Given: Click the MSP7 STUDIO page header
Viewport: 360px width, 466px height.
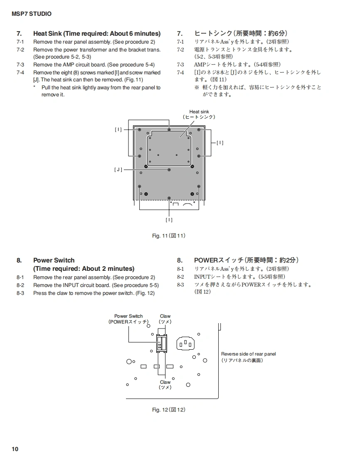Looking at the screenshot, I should tap(32, 14).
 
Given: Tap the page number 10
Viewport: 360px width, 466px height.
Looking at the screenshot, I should tap(15, 449).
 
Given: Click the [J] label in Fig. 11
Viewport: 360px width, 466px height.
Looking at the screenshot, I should tap(118, 170).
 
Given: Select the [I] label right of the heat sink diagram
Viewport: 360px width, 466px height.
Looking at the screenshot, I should tap(220, 142).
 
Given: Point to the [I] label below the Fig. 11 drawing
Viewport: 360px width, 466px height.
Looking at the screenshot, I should tap(169, 220).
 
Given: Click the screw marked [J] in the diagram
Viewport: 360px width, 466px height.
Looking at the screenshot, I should tap(169, 170).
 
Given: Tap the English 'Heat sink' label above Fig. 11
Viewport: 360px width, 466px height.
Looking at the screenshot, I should tap(199, 112).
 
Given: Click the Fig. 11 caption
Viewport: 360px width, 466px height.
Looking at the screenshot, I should tap(168, 236).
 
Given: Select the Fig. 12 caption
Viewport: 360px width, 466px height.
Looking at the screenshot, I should tap(168, 410).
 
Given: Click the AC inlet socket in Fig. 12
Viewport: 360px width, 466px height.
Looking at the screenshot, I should tap(186, 343).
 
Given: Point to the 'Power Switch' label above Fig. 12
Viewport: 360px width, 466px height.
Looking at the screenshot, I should tap(128, 316).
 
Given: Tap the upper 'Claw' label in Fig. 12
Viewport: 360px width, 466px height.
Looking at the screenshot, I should tap(165, 316).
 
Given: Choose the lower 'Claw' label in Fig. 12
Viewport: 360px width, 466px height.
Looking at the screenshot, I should tap(165, 382).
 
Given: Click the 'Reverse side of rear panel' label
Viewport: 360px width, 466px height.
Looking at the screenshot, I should tap(248, 354).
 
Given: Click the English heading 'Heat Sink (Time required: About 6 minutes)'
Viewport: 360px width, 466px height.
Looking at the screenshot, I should tap(97, 34).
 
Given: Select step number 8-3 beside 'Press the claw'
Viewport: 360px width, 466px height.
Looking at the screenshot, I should tap(20, 293).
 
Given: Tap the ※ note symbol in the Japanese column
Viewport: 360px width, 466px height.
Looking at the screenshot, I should tap(197, 88).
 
